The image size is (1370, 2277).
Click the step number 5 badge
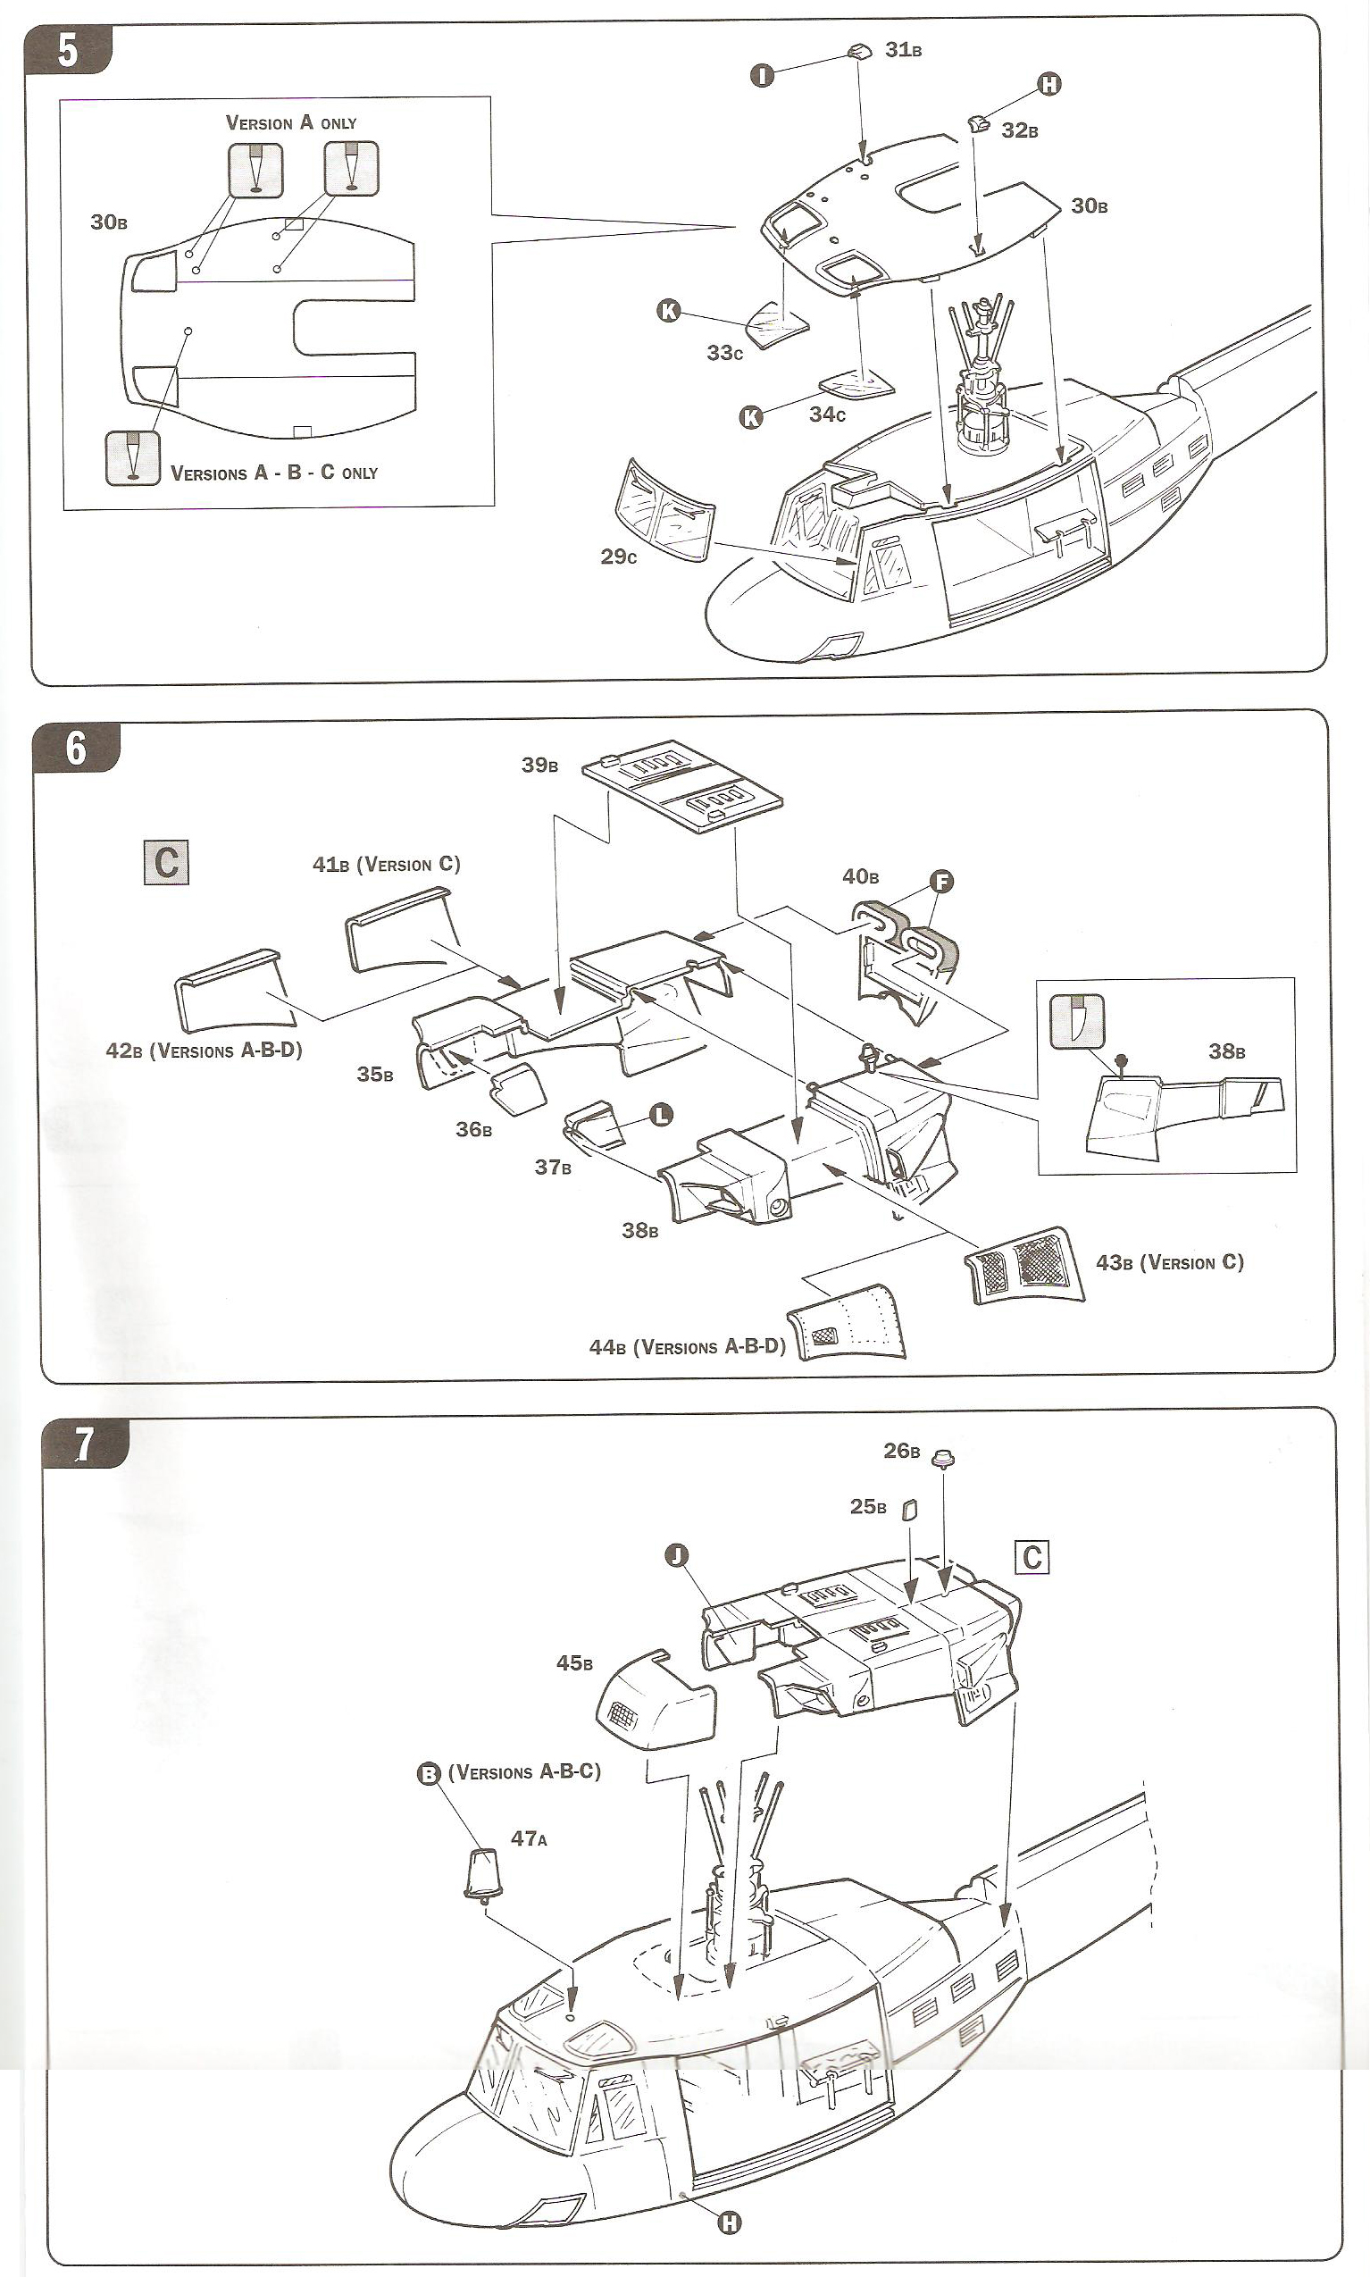click(x=67, y=50)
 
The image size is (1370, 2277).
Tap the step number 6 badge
click(x=76, y=748)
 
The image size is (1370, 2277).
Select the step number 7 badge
click(x=83, y=1444)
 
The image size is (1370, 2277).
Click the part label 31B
click(x=903, y=50)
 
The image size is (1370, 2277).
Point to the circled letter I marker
click(x=762, y=75)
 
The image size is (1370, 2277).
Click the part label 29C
click(x=618, y=557)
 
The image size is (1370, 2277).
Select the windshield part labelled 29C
click(x=663, y=511)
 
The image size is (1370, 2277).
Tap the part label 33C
click(x=723, y=353)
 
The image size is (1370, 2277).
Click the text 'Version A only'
click(x=291, y=122)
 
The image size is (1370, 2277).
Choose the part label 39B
click(x=539, y=765)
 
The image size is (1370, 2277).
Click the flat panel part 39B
click(x=682, y=784)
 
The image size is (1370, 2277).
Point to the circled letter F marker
click(x=940, y=881)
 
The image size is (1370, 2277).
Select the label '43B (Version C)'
click(x=1169, y=1262)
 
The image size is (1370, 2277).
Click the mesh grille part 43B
click(x=1023, y=1265)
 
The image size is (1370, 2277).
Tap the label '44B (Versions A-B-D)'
click(x=687, y=1347)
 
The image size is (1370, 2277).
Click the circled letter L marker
click(x=661, y=1115)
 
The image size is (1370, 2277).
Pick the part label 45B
click(x=574, y=1663)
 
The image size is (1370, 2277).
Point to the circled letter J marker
click(x=677, y=1556)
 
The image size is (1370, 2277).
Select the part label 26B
click(x=901, y=1451)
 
